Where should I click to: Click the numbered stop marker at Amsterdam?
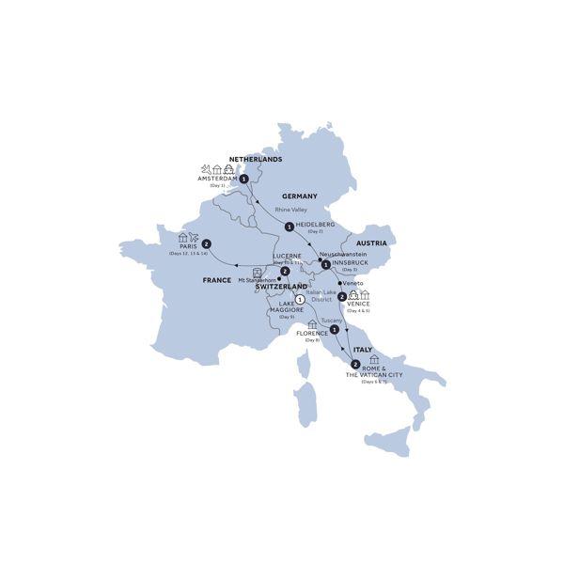(243, 178)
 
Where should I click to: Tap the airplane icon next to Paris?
(194, 238)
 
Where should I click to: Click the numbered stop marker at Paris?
(205, 246)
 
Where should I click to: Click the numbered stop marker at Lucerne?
(284, 271)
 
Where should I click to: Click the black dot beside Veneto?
(339, 281)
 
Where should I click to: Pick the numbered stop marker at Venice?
(341, 297)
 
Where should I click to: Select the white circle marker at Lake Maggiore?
(299, 300)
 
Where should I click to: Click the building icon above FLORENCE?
(312, 324)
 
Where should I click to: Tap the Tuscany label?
(332, 320)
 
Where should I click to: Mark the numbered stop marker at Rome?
(354, 364)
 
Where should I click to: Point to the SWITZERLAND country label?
(282, 286)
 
